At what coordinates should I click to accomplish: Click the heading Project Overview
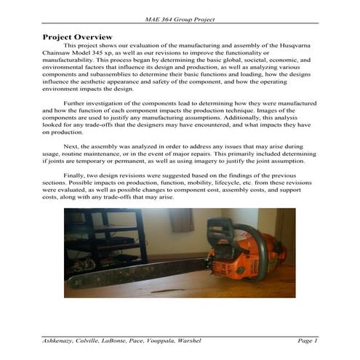pos(77,36)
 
